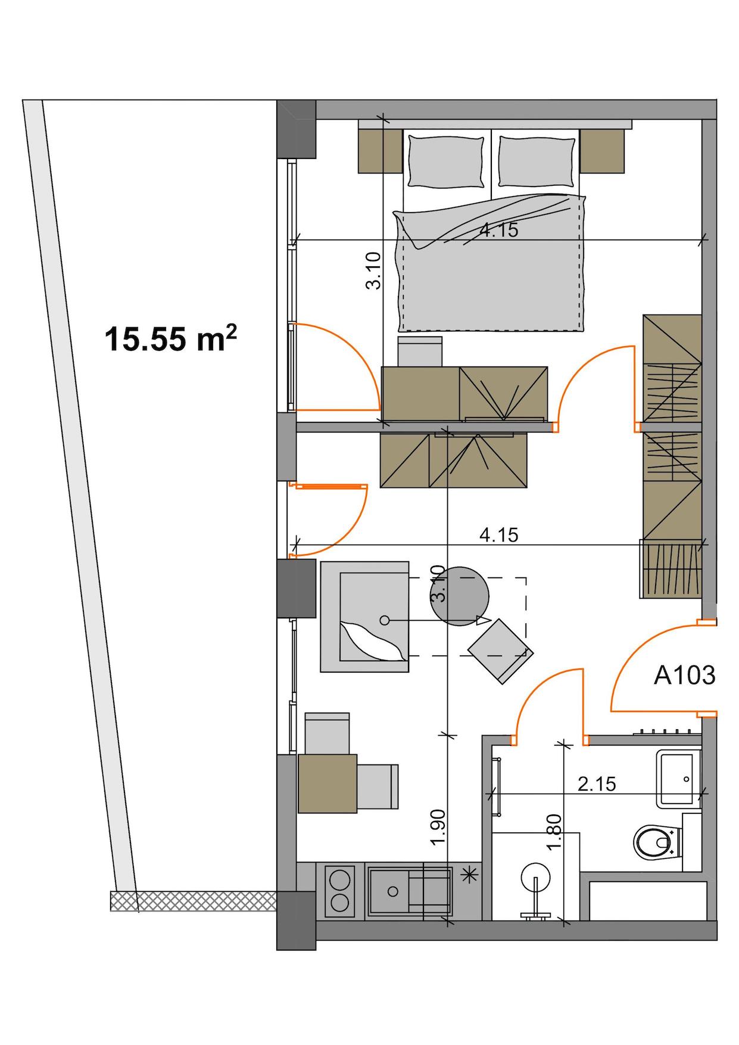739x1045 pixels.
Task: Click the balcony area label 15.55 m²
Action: coord(171,339)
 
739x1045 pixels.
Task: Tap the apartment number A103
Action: coord(684,676)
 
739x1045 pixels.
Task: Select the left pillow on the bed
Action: coord(445,161)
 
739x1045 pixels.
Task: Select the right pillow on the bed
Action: coord(538,161)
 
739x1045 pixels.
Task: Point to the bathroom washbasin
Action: coord(678,779)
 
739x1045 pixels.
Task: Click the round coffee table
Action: coord(459,596)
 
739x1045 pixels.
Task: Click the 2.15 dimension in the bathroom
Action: coord(597,784)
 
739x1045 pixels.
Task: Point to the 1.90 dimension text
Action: coord(438,827)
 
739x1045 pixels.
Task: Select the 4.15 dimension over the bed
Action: coord(499,230)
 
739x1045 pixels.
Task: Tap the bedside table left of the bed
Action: coord(380,151)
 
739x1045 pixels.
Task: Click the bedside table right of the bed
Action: coord(602,151)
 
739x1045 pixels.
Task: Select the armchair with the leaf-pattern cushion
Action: coord(365,617)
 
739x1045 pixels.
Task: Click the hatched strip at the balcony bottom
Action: coord(194,901)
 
